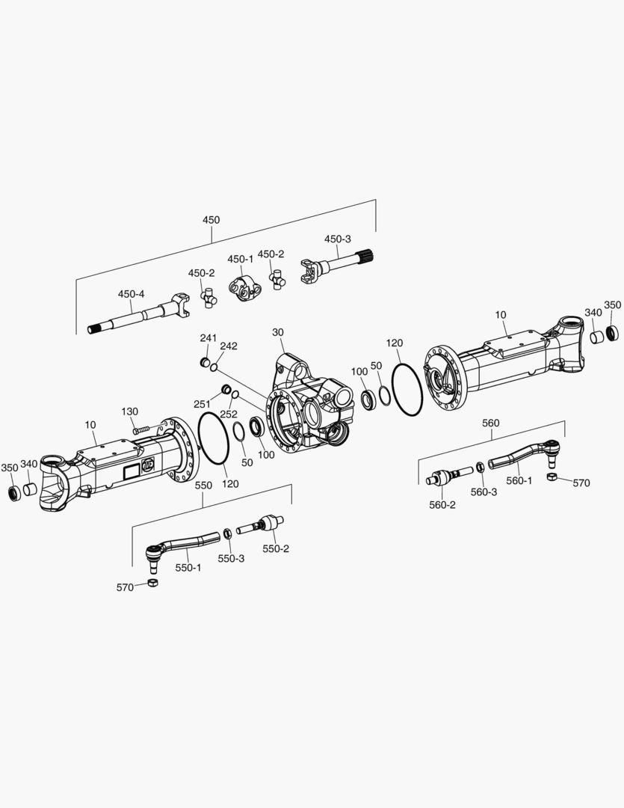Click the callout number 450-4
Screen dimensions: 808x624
(131, 294)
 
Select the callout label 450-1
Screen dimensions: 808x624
(240, 259)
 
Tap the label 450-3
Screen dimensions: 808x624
(337, 239)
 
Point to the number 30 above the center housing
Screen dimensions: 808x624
(278, 331)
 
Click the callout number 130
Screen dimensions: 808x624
(130, 411)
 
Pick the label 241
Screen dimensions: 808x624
(208, 338)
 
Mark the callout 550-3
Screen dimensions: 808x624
(231, 559)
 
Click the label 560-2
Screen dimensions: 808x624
(442, 505)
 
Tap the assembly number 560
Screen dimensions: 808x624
(490, 423)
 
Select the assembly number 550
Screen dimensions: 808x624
(203, 485)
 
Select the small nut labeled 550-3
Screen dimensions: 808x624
(226, 533)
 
